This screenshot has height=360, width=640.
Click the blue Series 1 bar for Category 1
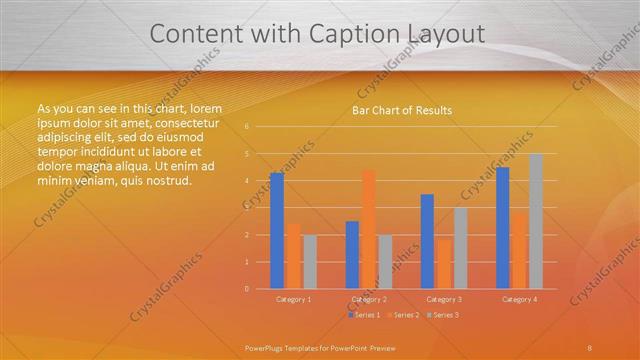pos(276,231)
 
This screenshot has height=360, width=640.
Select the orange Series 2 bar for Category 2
pos(369,229)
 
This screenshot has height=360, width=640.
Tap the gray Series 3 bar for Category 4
pos(536,221)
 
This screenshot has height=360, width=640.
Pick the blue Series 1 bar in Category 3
pos(428,241)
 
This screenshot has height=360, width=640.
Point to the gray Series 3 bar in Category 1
pos(310,262)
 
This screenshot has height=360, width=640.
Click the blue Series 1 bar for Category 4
pos(503,228)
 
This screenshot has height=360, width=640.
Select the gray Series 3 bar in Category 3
pos(461,248)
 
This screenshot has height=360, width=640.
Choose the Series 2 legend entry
pos(402,315)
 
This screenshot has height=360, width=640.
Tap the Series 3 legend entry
pos(441,315)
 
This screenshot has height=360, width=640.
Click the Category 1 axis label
pos(293,299)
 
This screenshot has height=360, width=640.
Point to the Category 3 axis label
pos(444,299)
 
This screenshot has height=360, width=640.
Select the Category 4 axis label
pos(519,299)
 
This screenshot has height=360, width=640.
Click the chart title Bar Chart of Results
pos(402,110)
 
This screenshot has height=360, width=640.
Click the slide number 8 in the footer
pos(589,347)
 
